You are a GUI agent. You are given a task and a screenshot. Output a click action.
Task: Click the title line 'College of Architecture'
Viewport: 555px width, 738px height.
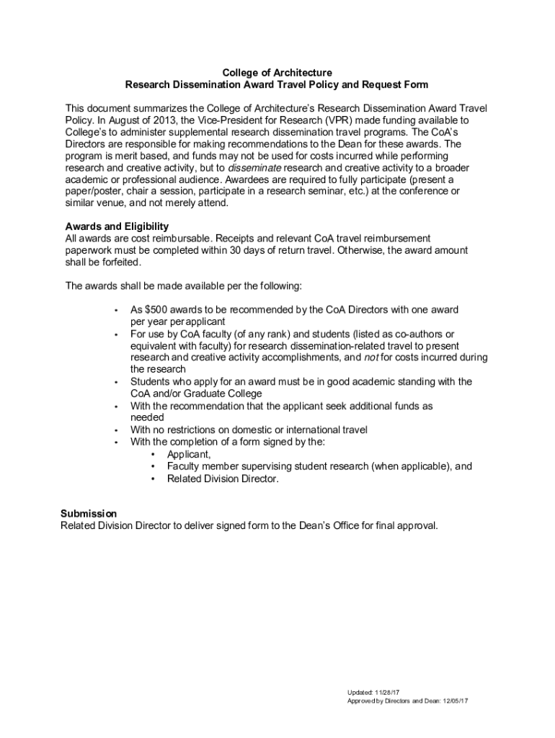[277, 73]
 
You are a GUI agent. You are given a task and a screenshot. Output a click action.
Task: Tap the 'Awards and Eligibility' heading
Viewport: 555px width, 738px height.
[117, 226]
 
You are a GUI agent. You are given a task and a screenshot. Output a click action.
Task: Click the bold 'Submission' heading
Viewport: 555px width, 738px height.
[87, 513]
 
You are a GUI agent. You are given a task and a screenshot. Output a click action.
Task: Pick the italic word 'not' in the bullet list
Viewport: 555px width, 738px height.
[371, 357]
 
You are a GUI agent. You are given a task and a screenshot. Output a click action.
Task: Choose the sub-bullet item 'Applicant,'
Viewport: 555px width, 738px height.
[189, 454]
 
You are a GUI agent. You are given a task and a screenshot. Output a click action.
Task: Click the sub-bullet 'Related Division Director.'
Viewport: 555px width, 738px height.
[222, 479]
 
